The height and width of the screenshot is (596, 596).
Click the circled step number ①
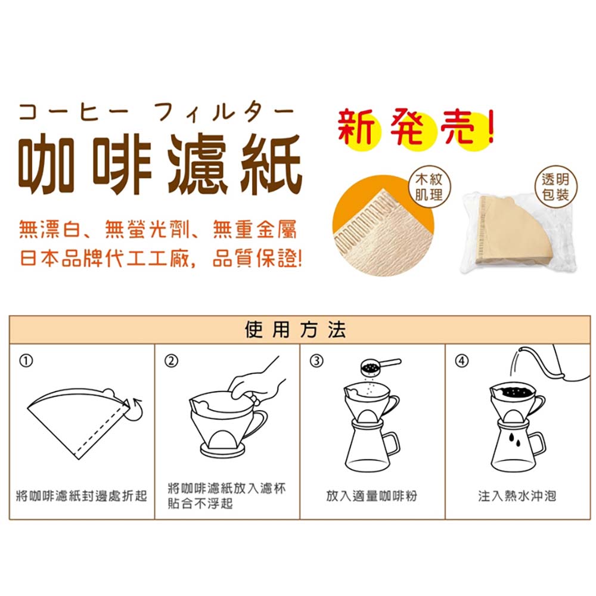tap(26, 361)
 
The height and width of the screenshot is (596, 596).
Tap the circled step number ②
tap(171, 361)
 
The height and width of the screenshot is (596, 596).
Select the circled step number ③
tap(316, 361)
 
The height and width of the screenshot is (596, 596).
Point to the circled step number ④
tap(461, 361)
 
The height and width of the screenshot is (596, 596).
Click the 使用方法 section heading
tap(296, 329)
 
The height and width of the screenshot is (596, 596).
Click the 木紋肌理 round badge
tap(429, 187)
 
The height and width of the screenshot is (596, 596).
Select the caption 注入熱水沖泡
tap(517, 496)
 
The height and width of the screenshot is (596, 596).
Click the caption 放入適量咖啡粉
tap(372, 496)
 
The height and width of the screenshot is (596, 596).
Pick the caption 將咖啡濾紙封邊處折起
tap(81, 496)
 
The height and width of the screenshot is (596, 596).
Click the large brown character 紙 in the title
tap(271, 165)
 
